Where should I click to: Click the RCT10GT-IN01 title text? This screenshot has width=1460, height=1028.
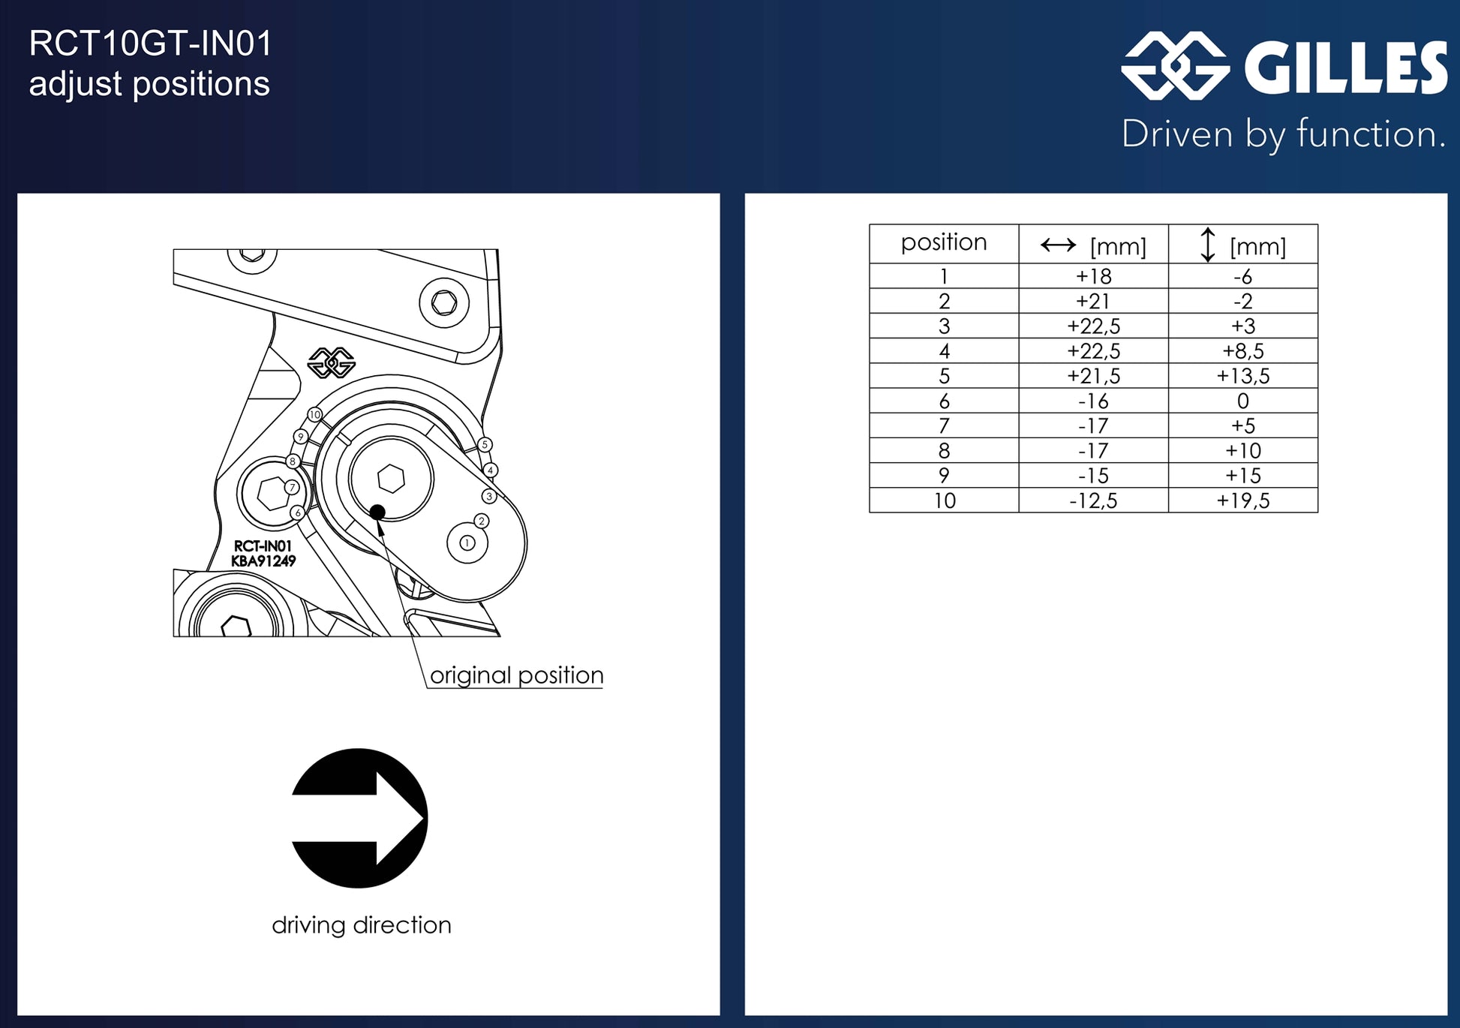[x=150, y=44]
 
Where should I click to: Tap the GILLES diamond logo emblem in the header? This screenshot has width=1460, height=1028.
[x=1175, y=66]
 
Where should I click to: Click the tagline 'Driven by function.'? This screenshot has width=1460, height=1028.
[x=1283, y=135]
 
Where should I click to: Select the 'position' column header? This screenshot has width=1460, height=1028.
[x=944, y=242]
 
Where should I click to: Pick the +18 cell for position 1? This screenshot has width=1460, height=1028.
[x=1093, y=276]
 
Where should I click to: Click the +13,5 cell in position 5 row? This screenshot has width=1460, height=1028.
[x=1242, y=376]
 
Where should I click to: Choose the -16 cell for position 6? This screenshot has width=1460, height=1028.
[x=1093, y=401]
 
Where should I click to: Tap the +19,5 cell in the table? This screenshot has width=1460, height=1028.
[x=1242, y=500]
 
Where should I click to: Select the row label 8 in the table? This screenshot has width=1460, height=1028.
[x=944, y=451]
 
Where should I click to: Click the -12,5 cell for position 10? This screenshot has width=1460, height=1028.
[x=1093, y=500]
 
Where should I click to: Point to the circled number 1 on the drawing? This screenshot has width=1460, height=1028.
[x=467, y=543]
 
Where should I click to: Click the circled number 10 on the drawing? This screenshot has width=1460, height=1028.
[x=314, y=414]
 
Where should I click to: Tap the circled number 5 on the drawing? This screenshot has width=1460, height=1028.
[x=485, y=445]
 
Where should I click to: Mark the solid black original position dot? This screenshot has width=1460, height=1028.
[x=377, y=512]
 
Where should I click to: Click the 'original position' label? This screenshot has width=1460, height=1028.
[x=517, y=675]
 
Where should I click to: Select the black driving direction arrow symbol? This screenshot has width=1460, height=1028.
[x=359, y=818]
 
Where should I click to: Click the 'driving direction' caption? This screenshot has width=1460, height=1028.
[x=362, y=925]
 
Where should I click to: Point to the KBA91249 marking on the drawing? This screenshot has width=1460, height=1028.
[x=263, y=561]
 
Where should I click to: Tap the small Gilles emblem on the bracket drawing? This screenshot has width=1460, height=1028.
[x=331, y=362]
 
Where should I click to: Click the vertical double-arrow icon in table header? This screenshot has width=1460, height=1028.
[x=1207, y=245]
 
